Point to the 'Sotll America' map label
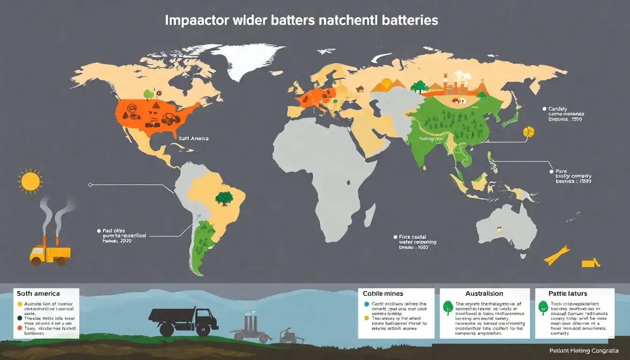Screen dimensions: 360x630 pyautogui.click(x=194, y=139)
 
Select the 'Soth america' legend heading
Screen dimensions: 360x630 pyautogui.click(x=38, y=293)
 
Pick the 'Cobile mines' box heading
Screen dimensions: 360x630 pyautogui.click(x=382, y=293)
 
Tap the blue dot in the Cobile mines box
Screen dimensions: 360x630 pyautogui.click(x=367, y=304)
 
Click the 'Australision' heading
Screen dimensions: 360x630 pyautogui.click(x=484, y=293)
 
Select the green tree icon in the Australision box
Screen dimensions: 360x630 pyautogui.click(x=448, y=307)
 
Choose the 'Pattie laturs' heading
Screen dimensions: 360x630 pyautogui.click(x=568, y=293)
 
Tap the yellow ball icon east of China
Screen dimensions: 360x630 pyautogui.click(x=528, y=132)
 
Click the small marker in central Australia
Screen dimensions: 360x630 pyautogui.click(x=500, y=231)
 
